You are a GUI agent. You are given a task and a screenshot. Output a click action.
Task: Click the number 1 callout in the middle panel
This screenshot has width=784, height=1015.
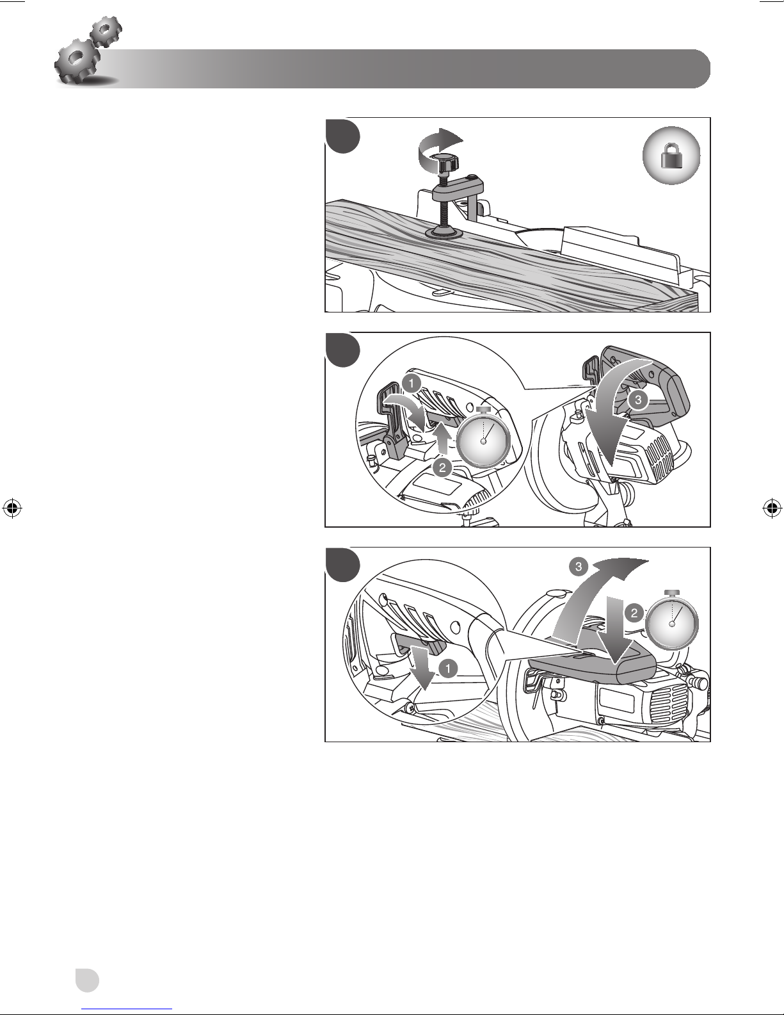[x=412, y=384]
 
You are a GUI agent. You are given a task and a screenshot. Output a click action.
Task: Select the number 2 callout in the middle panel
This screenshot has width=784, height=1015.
[x=442, y=467]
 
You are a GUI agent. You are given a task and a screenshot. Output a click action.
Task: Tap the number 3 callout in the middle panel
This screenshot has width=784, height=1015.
[x=638, y=400]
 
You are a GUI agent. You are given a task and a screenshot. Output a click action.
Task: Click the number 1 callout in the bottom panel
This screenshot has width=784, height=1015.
[x=448, y=669]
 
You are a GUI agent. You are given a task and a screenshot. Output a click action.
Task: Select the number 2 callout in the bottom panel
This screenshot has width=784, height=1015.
[x=634, y=613]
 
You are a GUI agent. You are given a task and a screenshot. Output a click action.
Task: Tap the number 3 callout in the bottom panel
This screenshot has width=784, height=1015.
[x=579, y=567]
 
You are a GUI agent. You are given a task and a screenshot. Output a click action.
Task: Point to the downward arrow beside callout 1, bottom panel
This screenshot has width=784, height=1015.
[x=424, y=667]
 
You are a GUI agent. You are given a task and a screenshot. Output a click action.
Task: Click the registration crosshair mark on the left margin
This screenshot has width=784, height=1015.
[x=13, y=508]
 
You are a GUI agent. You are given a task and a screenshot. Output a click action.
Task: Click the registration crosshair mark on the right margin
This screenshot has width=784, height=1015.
[x=772, y=508]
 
